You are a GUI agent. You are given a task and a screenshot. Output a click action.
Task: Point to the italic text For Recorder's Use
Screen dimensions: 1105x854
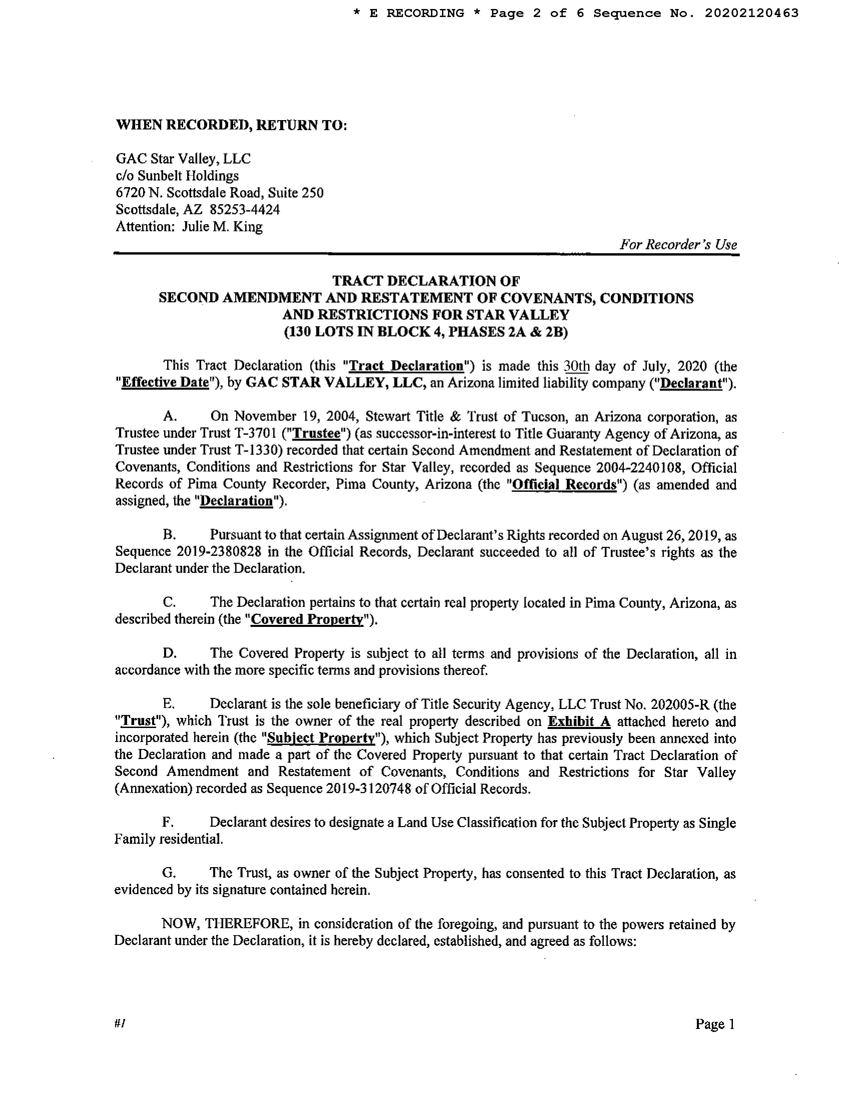click(x=678, y=245)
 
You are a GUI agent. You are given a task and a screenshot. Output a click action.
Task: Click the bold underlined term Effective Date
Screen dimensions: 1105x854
click(x=165, y=383)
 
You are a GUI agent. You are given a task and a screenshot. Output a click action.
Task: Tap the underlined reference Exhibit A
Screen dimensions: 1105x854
click(x=579, y=721)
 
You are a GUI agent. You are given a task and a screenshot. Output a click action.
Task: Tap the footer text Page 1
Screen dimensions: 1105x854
click(x=714, y=1024)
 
